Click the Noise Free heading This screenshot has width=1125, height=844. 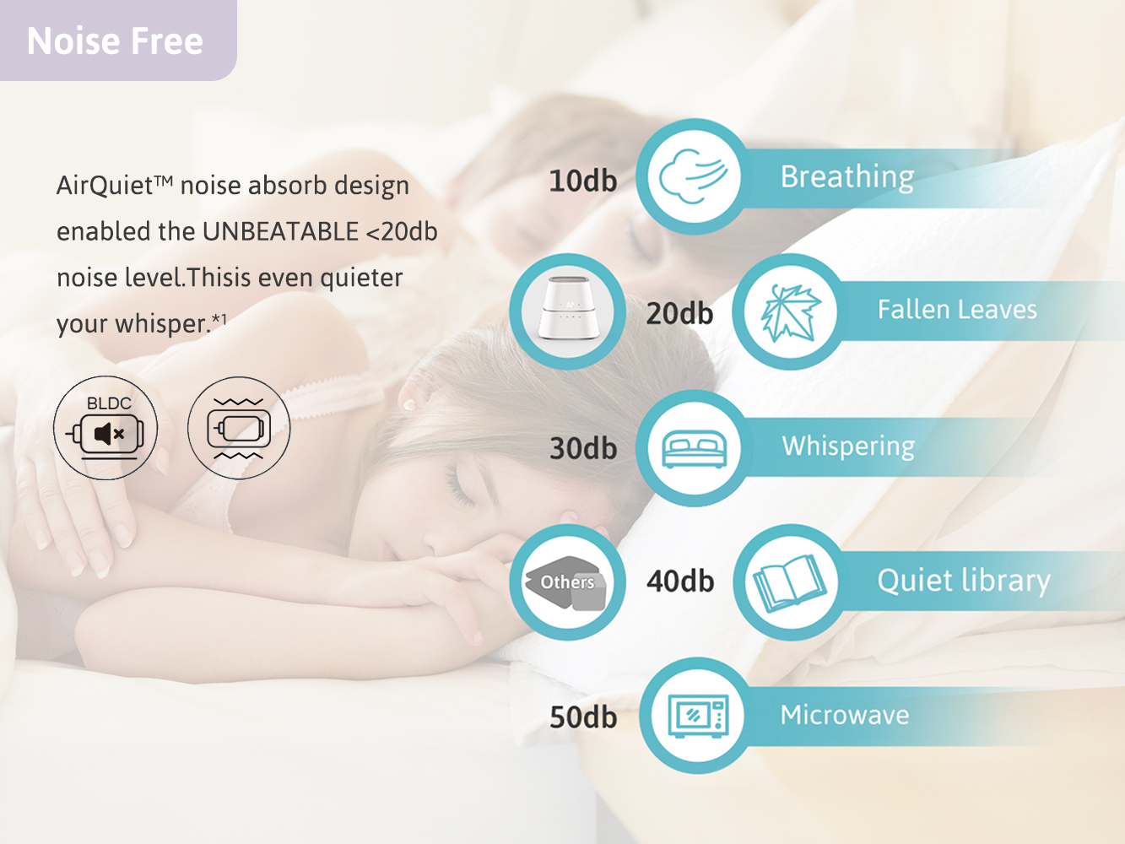(x=115, y=41)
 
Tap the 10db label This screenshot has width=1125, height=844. (x=582, y=181)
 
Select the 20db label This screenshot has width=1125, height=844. (x=679, y=313)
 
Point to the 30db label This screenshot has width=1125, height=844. (x=583, y=448)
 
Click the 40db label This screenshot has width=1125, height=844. (x=680, y=582)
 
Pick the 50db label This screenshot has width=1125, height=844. (x=583, y=717)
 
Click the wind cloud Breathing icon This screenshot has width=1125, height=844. (x=693, y=176)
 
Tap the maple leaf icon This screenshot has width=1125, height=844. (x=791, y=312)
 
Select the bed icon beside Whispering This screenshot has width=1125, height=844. (x=695, y=449)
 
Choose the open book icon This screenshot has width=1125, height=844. (x=789, y=584)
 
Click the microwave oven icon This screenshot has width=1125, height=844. (x=699, y=716)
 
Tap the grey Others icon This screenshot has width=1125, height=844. (x=566, y=582)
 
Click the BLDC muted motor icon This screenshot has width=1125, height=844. (x=105, y=428)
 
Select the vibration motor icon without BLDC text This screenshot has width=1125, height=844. (x=239, y=428)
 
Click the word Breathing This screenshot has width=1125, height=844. (x=847, y=177)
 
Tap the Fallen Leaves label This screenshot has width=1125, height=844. (x=957, y=310)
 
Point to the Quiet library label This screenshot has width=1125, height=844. (x=964, y=582)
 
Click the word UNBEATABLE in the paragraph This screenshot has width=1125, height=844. (x=280, y=231)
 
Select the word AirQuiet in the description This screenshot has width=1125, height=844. (x=105, y=186)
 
